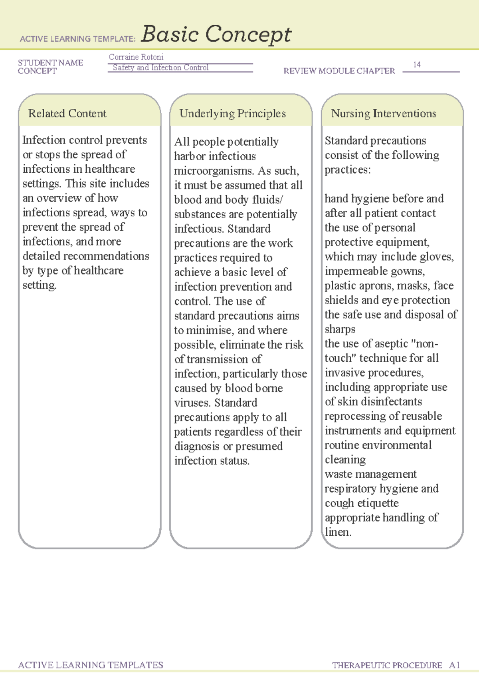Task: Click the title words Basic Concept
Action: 216,34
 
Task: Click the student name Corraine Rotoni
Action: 136,57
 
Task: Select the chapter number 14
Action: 417,64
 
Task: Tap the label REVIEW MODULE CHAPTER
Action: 339,71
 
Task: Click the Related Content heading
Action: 67,114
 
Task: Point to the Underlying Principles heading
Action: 232,114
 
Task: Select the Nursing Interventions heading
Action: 383,114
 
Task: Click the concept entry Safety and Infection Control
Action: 160,68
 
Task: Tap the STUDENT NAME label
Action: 50,63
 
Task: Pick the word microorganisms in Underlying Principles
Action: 214,171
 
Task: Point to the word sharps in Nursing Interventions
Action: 340,329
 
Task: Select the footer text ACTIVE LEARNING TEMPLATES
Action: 91,665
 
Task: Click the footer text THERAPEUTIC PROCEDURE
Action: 387,665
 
